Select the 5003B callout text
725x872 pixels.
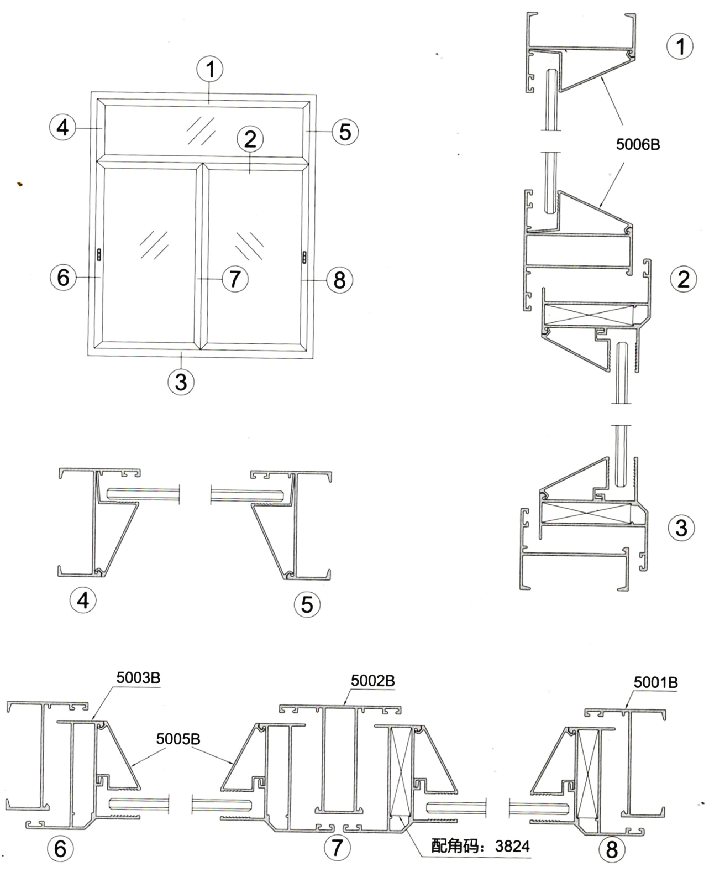click(138, 677)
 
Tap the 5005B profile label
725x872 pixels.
click(178, 738)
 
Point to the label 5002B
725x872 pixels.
click(373, 681)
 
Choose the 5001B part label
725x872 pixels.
click(655, 682)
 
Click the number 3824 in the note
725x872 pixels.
click(512, 845)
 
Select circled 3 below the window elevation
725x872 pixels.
click(181, 382)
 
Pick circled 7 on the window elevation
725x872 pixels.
click(235, 278)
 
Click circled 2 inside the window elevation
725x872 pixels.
click(250, 139)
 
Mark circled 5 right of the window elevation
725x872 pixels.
click(345, 132)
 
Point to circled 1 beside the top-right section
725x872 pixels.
click(680, 46)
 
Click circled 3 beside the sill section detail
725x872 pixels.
click(681, 528)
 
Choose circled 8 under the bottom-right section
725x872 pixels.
click(612, 849)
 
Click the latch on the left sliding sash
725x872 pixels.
click(99, 254)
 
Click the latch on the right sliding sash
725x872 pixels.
click(304, 257)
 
